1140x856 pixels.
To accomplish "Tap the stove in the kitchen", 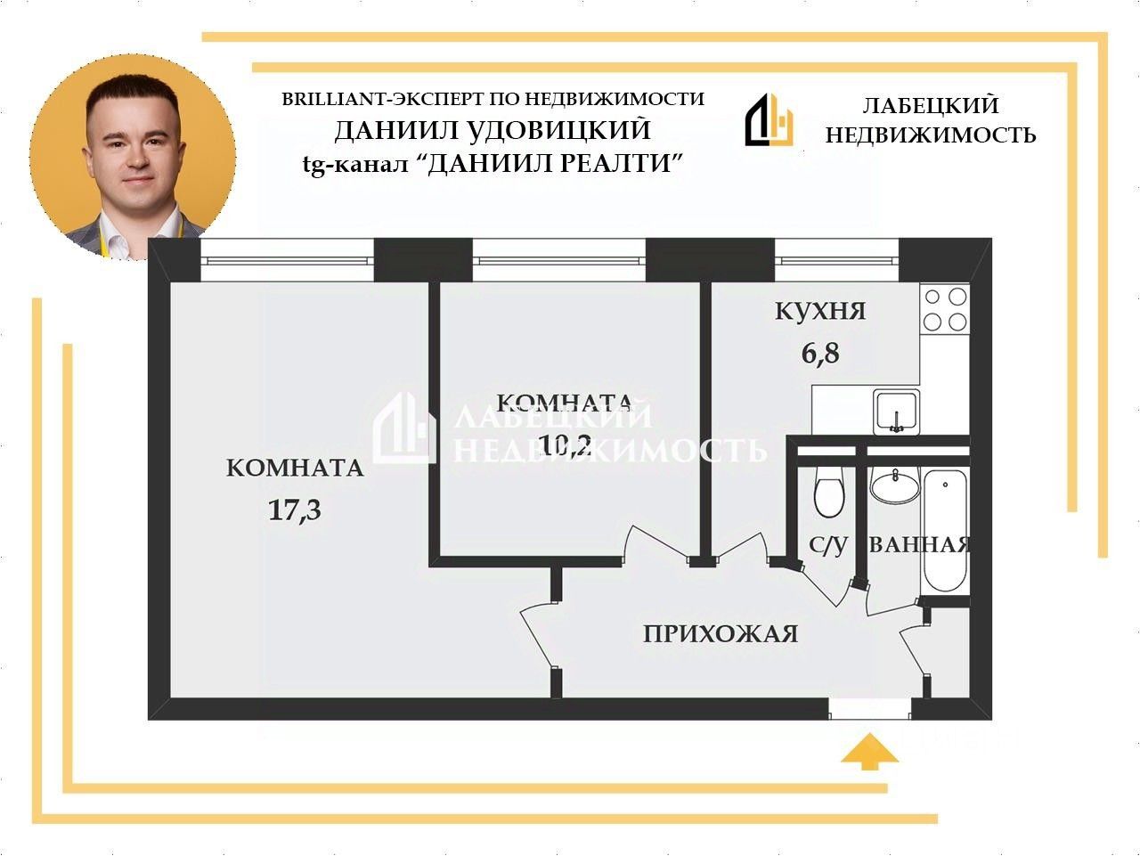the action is click(945, 308).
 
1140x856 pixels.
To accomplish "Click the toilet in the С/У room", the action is click(829, 493).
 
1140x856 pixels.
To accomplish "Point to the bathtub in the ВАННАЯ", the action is click(944, 532).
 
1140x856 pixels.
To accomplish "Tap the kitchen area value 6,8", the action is click(820, 354).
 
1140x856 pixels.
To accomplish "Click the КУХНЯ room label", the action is click(820, 311).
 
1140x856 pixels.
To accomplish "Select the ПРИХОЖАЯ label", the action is click(720, 634).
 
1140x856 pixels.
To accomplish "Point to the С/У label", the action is click(828, 545).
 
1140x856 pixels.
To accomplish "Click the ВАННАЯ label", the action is click(919, 545).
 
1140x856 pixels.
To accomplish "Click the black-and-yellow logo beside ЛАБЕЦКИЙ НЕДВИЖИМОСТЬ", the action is click(769, 120).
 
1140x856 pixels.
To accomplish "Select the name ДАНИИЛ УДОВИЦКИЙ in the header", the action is click(493, 131).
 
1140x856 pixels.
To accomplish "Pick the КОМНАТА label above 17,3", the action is click(295, 468).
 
